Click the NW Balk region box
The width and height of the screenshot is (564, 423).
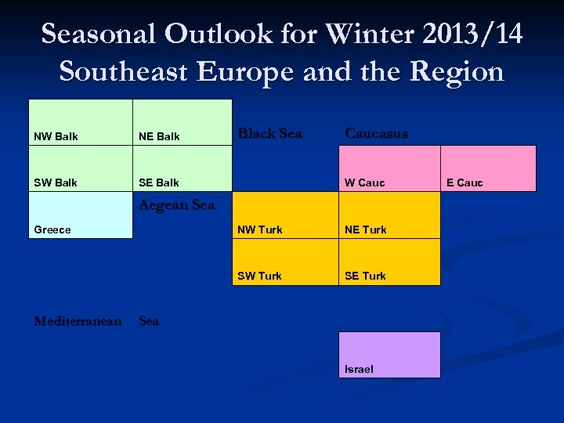point(81,122)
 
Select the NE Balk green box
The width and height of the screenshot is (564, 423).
point(183,122)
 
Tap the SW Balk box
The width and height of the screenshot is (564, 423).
point(81,168)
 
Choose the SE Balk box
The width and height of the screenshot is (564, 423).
point(183,168)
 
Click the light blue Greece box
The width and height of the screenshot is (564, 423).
point(81,215)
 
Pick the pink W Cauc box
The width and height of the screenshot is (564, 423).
point(389,168)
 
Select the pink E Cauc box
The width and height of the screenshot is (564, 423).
point(489,168)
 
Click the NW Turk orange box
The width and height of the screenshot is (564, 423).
point(286,215)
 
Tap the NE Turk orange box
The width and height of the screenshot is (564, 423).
point(389,215)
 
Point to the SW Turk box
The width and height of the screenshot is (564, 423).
point(286,262)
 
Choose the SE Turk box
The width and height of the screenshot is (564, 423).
point(389,262)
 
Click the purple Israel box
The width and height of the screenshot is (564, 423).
point(389,355)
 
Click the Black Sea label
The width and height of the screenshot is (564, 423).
point(269,134)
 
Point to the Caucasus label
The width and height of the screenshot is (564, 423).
point(377,134)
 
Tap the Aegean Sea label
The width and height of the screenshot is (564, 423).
point(176,205)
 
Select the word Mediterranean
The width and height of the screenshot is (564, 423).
point(78,321)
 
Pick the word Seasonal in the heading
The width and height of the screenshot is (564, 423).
point(99,34)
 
